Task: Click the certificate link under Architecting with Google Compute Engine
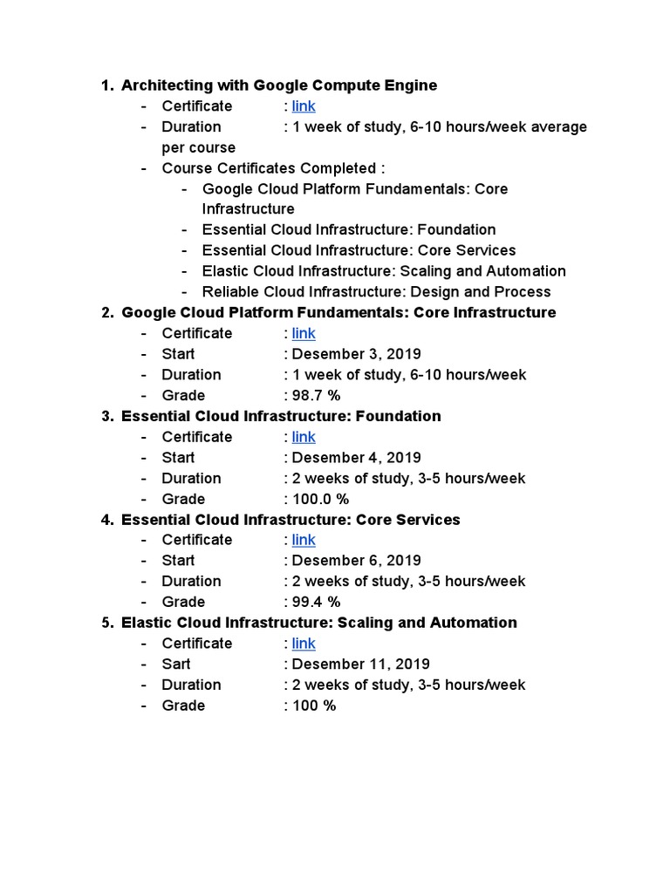[304, 106]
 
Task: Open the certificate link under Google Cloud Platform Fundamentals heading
[304, 333]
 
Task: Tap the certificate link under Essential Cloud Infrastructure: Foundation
[304, 437]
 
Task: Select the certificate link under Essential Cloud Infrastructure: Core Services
[304, 540]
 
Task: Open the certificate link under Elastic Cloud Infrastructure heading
[304, 644]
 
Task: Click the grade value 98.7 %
[316, 396]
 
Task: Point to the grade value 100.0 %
[320, 499]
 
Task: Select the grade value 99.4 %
[316, 602]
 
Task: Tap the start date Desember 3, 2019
[356, 354]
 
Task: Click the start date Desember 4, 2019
[356, 458]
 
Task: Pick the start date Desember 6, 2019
[356, 561]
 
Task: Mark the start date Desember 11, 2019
[360, 665]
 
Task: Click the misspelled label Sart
[176, 665]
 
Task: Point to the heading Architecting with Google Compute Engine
[279, 85]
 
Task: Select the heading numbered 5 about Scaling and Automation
[319, 623]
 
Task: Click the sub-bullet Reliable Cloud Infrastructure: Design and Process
[376, 292]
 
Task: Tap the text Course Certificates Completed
[272, 168]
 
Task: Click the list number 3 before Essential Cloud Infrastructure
[106, 416]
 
